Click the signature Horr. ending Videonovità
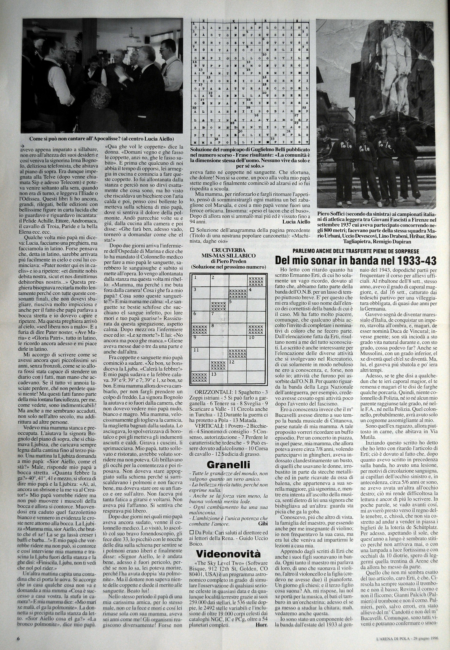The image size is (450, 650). click(x=261, y=638)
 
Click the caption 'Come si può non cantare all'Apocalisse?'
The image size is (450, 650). click(x=102, y=139)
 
